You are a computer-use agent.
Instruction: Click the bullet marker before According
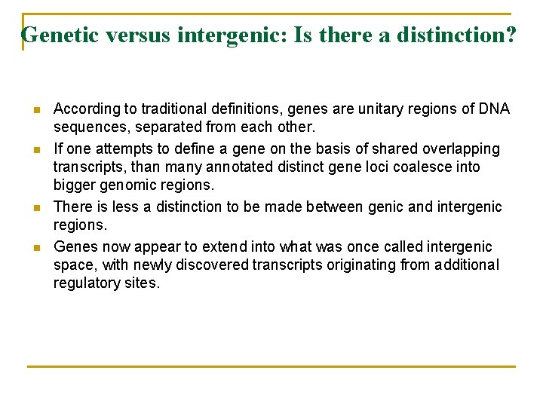(x=36, y=109)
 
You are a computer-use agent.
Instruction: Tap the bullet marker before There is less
(x=36, y=207)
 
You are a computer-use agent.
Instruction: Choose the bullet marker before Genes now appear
(x=36, y=247)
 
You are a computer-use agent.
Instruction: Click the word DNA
(x=494, y=109)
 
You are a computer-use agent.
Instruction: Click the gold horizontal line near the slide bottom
(x=271, y=367)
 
